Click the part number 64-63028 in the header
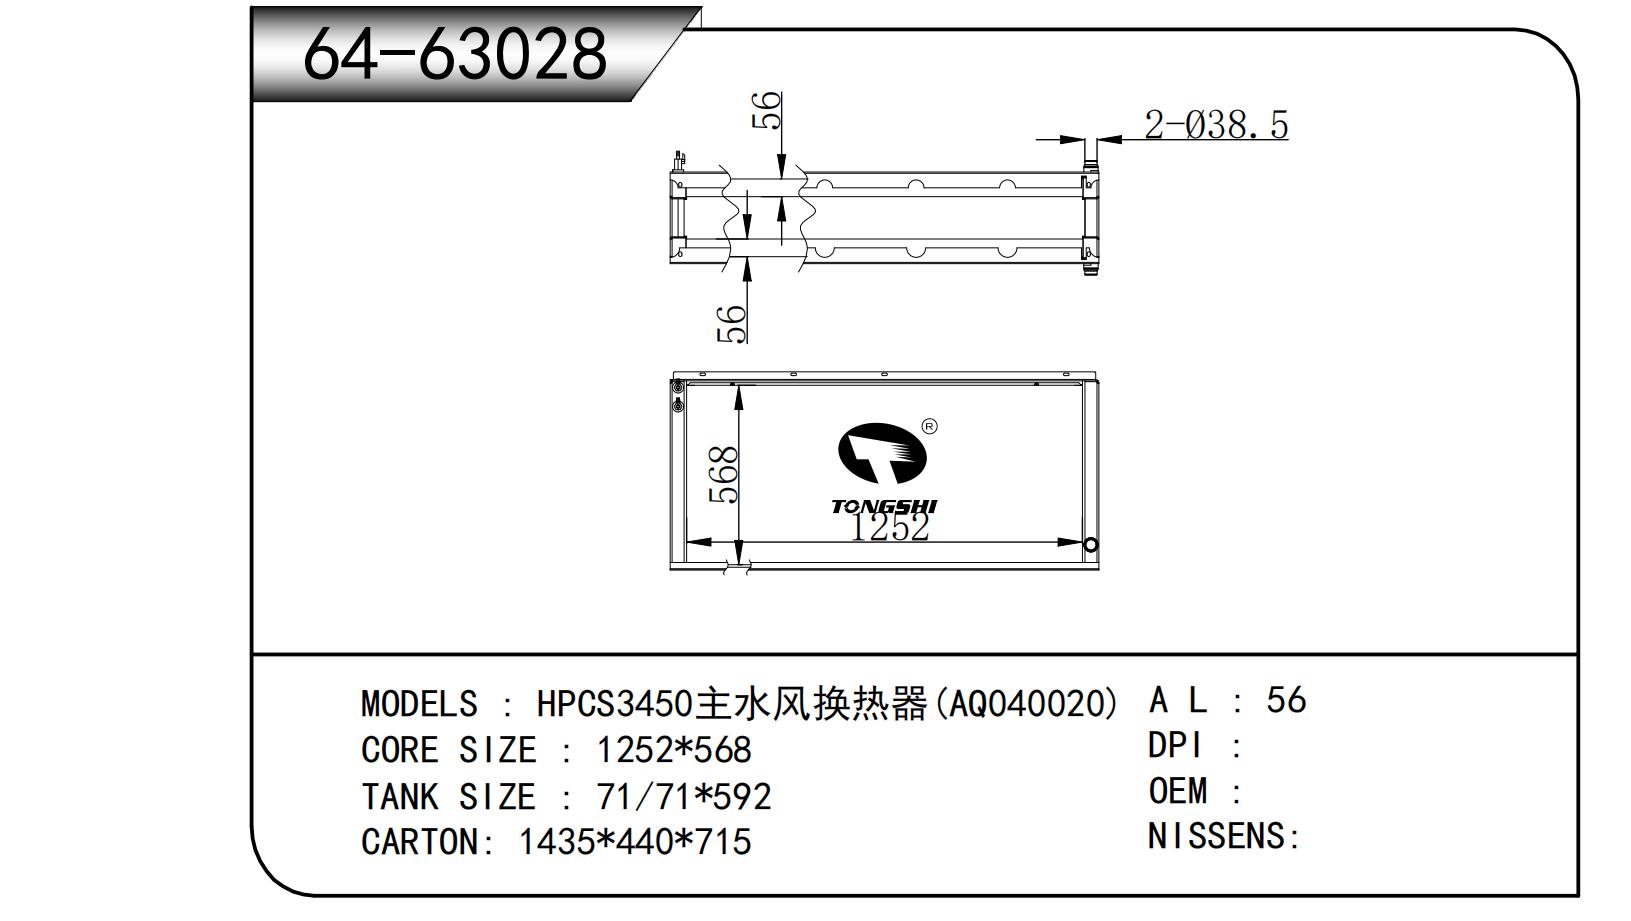(x=454, y=54)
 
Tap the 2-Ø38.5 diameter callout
(x=1216, y=124)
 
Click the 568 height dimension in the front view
(x=724, y=475)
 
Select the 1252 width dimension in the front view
(x=890, y=526)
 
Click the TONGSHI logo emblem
(x=882, y=453)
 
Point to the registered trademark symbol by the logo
(x=929, y=427)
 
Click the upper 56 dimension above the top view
(x=767, y=110)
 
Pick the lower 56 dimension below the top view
(x=732, y=323)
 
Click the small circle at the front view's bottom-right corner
(x=1091, y=545)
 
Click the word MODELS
(x=419, y=704)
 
